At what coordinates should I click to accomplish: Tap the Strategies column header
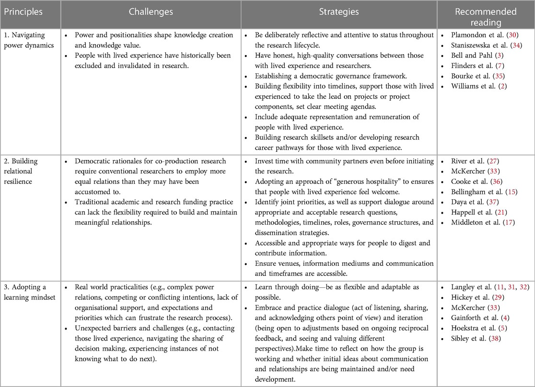pos(339,12)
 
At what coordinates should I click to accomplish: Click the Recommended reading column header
pos(486,16)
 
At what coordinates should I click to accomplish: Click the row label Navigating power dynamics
pos(29,40)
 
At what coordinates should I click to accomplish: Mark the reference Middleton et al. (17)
pos(482,222)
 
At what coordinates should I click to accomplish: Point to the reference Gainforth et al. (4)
pos(480,318)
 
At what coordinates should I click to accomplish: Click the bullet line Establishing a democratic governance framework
pos(331,76)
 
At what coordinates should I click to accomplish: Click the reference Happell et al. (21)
pos(478,212)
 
